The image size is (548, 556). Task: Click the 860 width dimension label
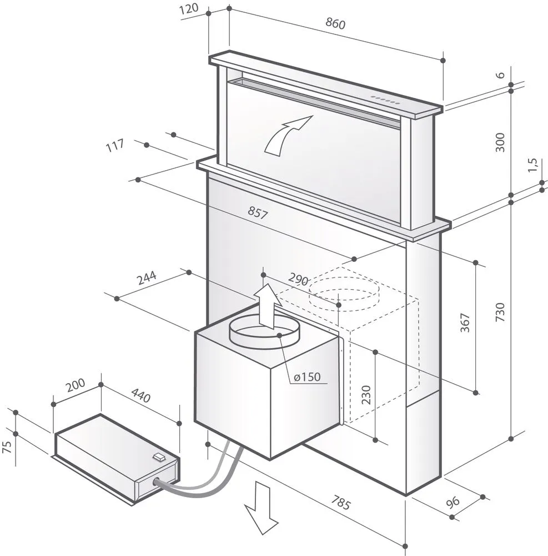(335, 24)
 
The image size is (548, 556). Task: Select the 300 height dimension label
(500, 143)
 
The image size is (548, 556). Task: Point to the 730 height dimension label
(500, 313)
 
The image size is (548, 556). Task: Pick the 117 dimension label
(114, 147)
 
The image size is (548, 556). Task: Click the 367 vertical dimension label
(465, 324)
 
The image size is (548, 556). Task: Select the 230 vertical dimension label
(365, 394)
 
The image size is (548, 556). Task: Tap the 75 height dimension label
(6, 448)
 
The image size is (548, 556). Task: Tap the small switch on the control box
(159, 457)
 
